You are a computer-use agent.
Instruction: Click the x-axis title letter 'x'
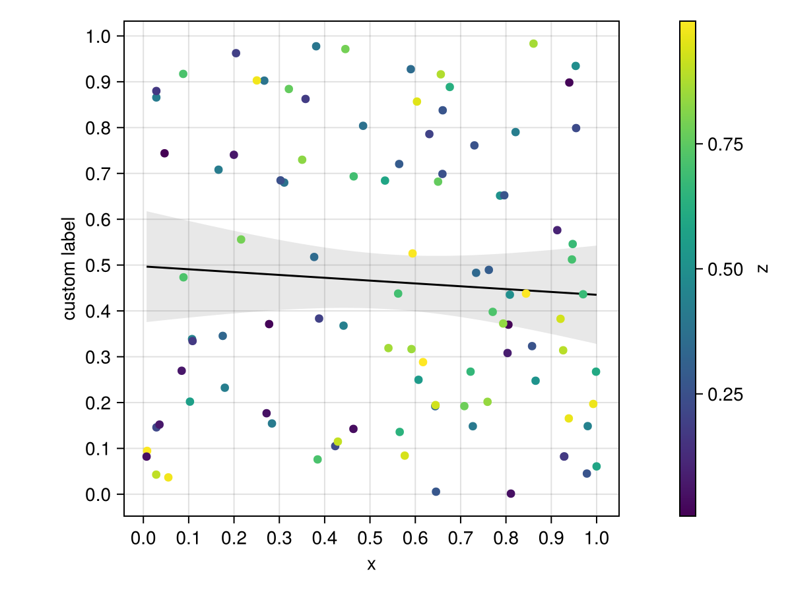point(371,564)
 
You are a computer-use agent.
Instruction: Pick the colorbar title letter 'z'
point(763,269)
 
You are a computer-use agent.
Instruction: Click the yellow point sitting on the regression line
point(526,294)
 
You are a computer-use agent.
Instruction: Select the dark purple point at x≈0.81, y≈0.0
point(511,494)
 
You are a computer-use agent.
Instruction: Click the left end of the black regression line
point(147,267)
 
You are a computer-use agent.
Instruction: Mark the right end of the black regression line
point(597,294)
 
